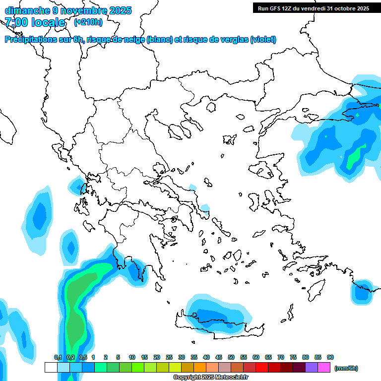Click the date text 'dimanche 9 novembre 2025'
68,10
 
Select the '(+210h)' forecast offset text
88,22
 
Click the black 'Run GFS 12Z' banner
313,8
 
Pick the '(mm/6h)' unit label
346,368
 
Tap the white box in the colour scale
51,368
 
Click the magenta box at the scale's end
324,368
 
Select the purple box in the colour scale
312,368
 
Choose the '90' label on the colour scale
330,357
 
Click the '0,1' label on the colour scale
58,357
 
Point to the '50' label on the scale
231,357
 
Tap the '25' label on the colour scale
169,357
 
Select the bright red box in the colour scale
262,368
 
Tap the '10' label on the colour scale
132,357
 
